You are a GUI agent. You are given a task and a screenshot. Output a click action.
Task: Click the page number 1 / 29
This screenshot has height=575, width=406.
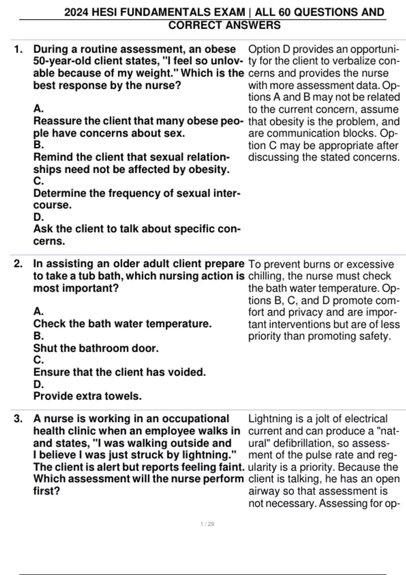click(207, 524)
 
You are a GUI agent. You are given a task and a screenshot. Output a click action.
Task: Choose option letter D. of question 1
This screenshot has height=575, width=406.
click(39, 217)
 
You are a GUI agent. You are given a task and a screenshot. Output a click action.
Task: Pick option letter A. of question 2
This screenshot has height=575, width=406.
click(39, 311)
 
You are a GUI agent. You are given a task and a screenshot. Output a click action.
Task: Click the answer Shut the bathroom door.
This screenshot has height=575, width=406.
click(96, 348)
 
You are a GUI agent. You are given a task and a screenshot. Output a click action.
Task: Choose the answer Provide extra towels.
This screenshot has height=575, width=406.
click(87, 396)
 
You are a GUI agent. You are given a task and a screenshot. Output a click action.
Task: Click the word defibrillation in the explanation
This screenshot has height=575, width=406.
click(312, 443)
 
